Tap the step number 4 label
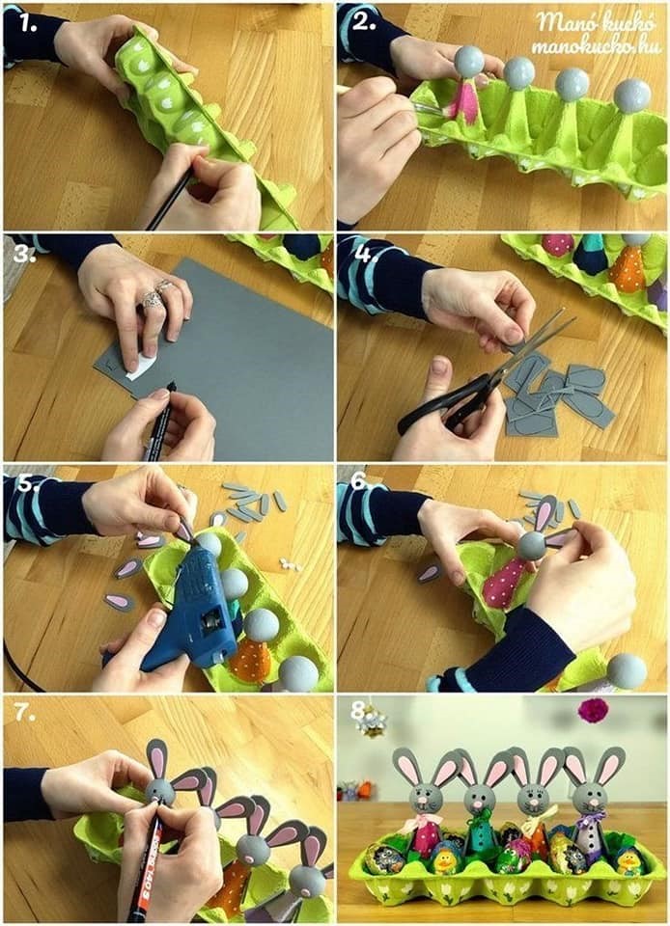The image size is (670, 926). tap(363, 254)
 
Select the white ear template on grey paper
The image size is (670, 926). tap(142, 366)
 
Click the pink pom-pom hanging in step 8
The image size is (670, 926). tap(593, 711)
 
